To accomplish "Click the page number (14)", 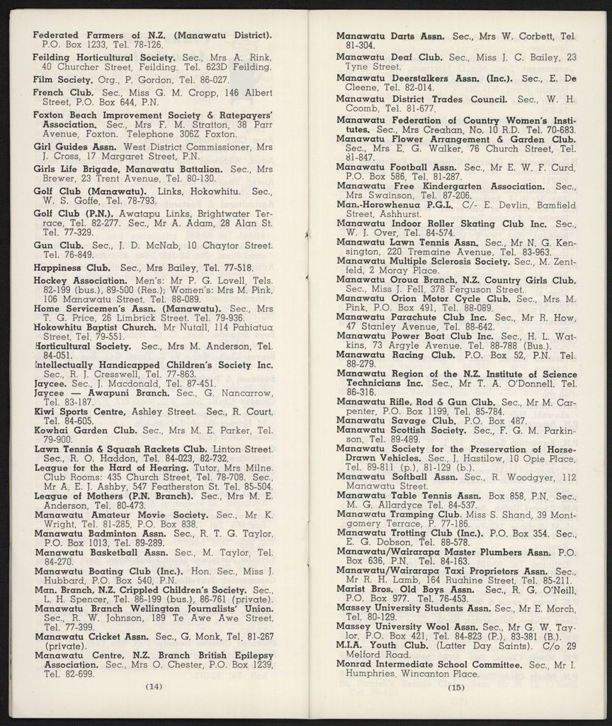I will click(x=154, y=686).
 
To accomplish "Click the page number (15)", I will click(x=455, y=686).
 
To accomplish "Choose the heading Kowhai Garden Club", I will click(x=85, y=430).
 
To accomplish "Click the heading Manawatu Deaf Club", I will click(x=390, y=57).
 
